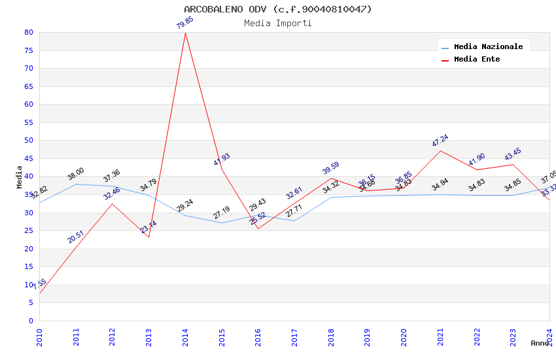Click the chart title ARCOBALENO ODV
click(278, 9)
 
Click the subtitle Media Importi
click(278, 24)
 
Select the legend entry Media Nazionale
click(488, 47)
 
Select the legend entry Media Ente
click(477, 60)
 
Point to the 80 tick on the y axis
click(28, 33)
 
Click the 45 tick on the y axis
click(28, 158)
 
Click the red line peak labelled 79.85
click(185, 33)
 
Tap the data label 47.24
click(440, 141)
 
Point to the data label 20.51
click(75, 237)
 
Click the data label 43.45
click(513, 155)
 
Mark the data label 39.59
click(330, 168)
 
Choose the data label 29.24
click(185, 205)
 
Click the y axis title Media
click(20, 177)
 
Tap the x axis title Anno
click(540, 343)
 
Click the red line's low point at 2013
click(149, 237)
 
